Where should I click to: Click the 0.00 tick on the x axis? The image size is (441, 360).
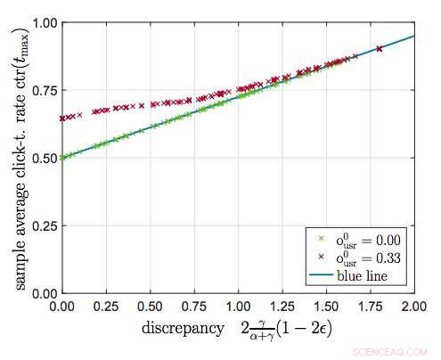point(62,304)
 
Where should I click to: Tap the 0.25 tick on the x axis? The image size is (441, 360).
point(107,304)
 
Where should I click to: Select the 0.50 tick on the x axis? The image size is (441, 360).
point(151,304)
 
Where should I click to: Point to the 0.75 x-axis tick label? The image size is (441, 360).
point(194,304)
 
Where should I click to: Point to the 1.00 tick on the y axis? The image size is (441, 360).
point(41,22)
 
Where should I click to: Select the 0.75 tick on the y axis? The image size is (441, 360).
point(41,90)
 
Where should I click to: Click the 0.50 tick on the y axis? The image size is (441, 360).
point(41,158)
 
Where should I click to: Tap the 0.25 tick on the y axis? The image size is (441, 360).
point(41,225)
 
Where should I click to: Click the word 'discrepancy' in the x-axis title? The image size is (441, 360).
point(182,329)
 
